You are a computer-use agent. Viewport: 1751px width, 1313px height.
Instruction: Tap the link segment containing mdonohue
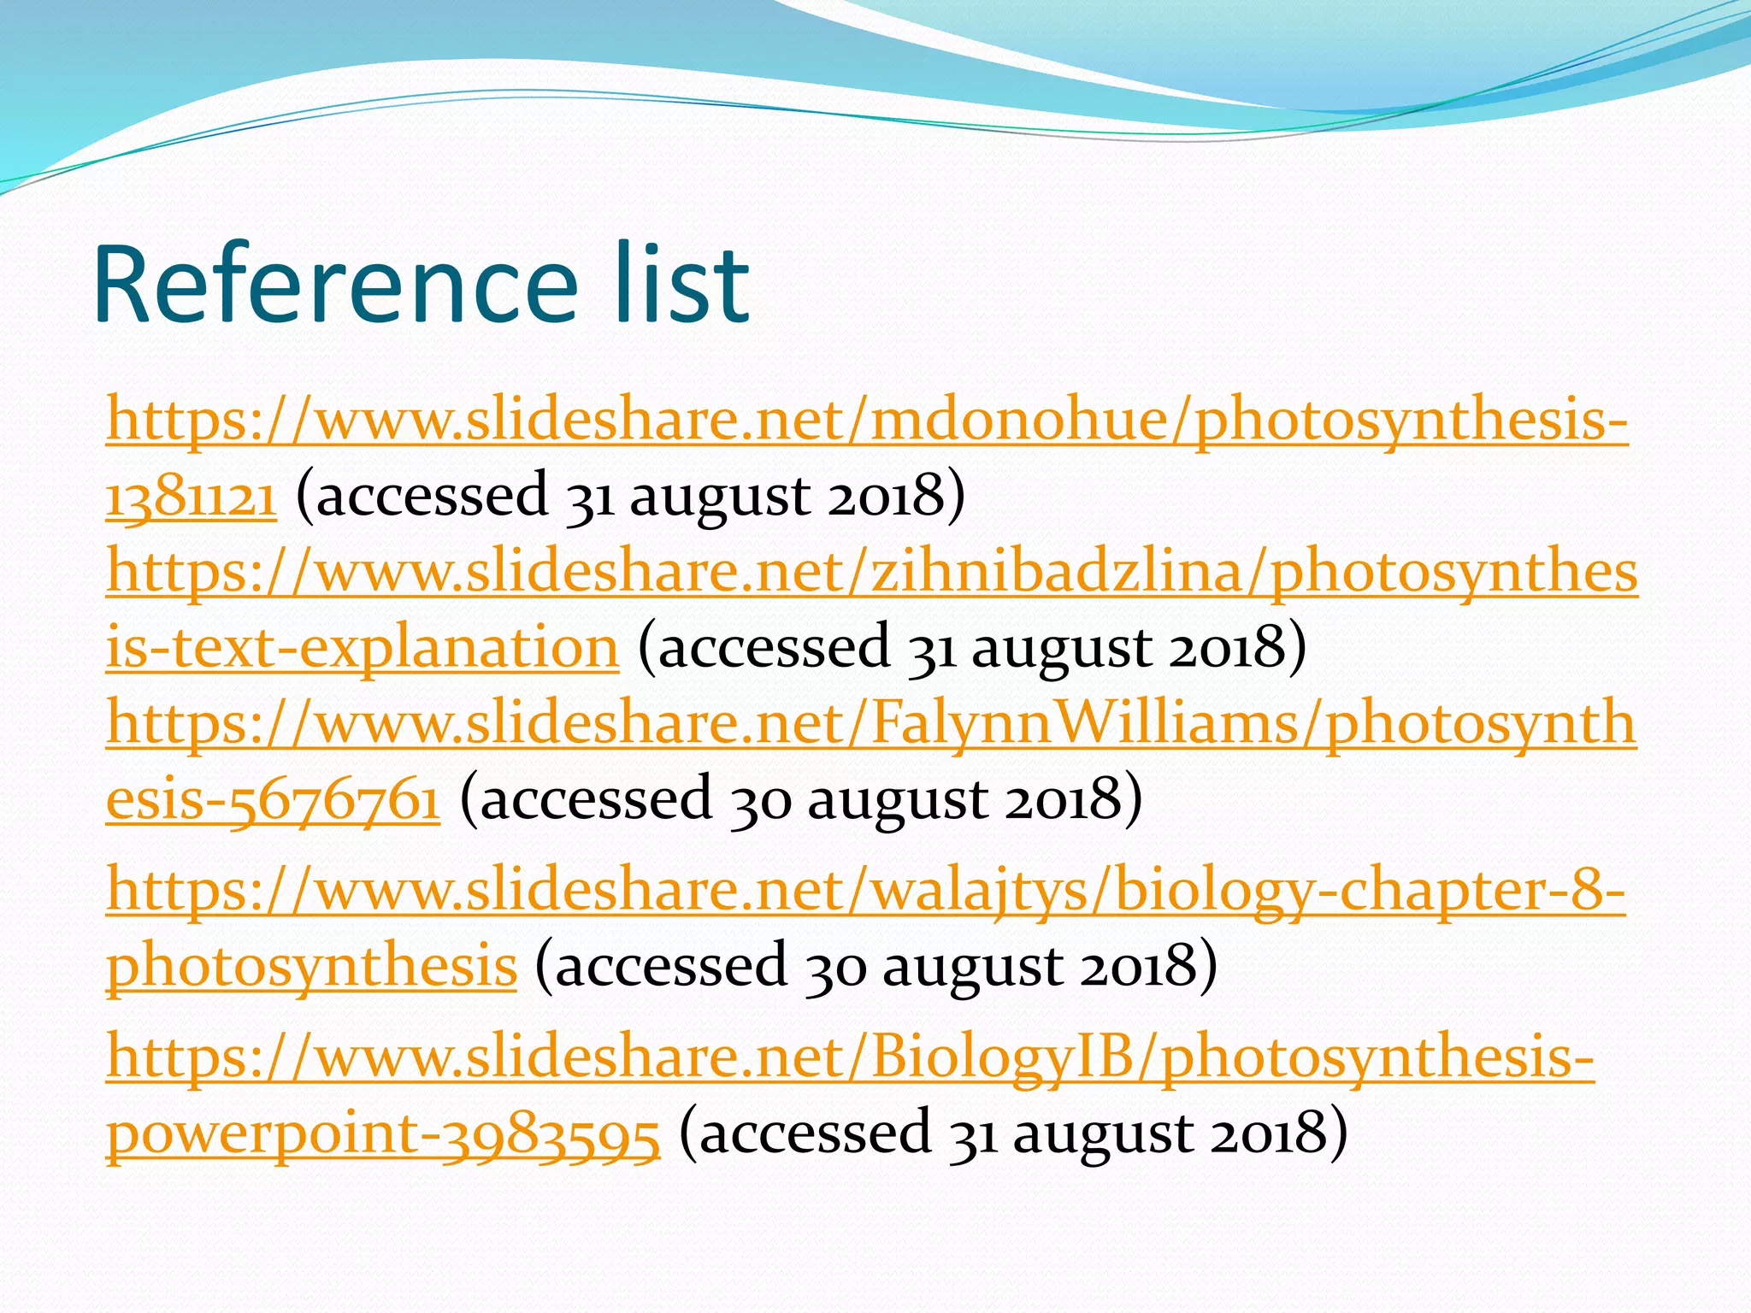pos(867,421)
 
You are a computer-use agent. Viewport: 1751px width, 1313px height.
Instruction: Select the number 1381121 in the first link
pos(192,496)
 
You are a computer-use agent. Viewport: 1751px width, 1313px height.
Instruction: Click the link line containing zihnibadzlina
pos(872,571)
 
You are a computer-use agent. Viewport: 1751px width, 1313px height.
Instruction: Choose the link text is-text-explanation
pos(362,647)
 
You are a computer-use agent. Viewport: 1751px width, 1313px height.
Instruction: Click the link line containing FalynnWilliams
pos(870,723)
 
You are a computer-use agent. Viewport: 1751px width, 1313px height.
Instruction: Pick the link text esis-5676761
pos(273,798)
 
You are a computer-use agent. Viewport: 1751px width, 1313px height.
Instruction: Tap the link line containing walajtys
pos(865,890)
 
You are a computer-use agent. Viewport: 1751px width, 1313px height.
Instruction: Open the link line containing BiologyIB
pos(850,1057)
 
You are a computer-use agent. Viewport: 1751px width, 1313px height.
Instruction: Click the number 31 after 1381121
pos(590,496)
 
